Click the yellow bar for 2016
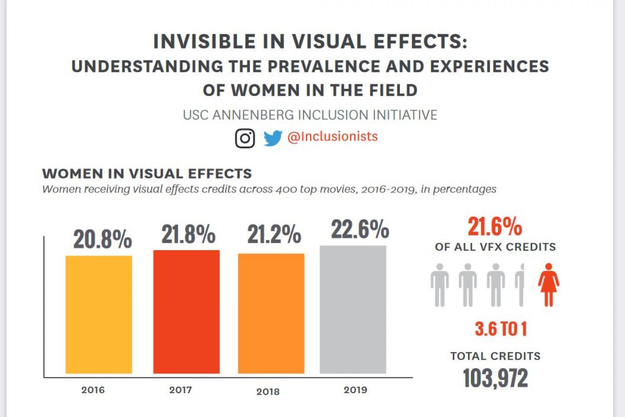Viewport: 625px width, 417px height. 99,314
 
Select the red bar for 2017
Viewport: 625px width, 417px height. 186,311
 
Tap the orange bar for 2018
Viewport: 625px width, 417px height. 271,313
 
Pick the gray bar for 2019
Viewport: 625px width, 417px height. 353,309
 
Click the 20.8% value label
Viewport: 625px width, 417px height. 102,239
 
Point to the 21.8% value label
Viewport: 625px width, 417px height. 188,234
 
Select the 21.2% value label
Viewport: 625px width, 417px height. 274,234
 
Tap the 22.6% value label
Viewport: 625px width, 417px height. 360,229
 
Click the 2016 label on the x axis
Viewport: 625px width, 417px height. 93,390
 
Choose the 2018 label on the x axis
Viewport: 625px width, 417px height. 268,392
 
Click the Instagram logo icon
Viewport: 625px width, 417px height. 245,138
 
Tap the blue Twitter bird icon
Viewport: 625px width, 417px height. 273,138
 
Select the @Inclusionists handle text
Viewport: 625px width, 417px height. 332,136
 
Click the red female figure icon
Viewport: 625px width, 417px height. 548,285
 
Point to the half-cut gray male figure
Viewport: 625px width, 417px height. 520,285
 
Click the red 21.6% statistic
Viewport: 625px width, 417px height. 495,226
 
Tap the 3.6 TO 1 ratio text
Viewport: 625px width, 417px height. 501,329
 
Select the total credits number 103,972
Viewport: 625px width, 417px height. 495,378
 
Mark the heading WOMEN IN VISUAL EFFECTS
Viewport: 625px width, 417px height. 147,173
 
